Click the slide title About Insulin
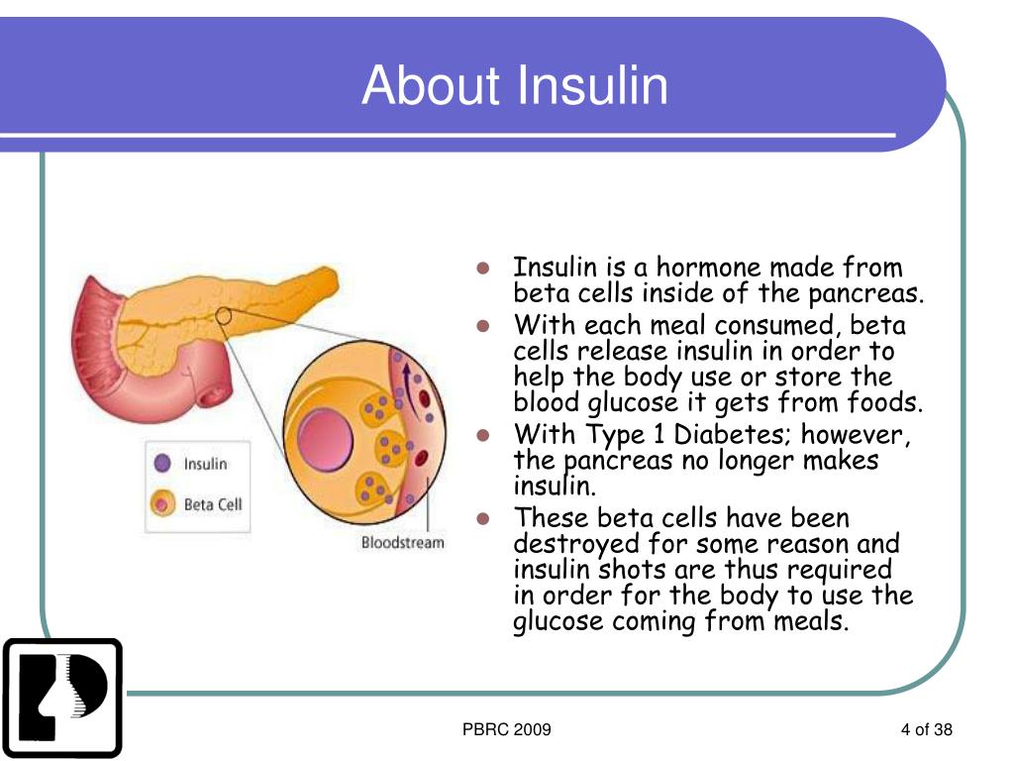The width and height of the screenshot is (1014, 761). click(x=514, y=85)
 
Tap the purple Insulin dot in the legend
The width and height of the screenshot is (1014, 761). click(x=163, y=464)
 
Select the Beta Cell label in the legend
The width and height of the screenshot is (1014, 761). click(x=212, y=504)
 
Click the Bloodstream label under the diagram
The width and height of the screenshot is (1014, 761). click(x=402, y=542)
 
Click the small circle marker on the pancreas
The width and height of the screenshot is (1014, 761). click(x=224, y=317)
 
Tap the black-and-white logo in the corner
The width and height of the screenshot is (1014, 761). click(x=62, y=698)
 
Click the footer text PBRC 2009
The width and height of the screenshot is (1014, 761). click(x=506, y=731)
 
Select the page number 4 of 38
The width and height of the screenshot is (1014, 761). click(x=926, y=731)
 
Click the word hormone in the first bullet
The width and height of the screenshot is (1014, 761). click(x=709, y=269)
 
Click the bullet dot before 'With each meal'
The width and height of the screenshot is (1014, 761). click(x=484, y=326)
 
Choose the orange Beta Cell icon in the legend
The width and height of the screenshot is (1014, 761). click(x=162, y=504)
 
